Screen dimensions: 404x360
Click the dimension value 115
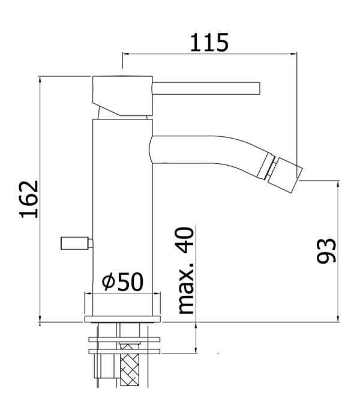click(209, 43)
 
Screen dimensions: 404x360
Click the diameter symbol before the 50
click(109, 282)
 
